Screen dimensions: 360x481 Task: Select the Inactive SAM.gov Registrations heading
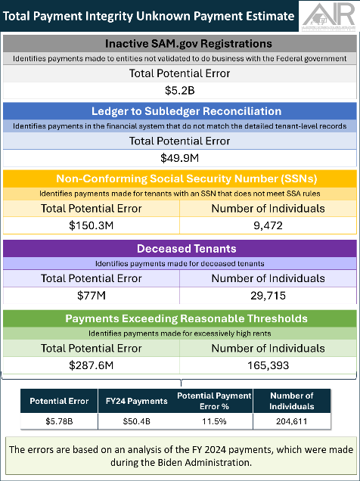click(179, 44)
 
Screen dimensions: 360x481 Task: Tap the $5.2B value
click(179, 90)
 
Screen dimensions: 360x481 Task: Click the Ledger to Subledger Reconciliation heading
click(179, 111)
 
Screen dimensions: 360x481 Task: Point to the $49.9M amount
click(179, 157)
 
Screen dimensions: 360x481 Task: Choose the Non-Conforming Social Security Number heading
click(179, 178)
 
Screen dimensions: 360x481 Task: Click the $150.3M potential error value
click(91, 225)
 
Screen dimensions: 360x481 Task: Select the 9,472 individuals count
click(268, 225)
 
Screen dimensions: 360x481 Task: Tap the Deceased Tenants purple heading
click(179, 249)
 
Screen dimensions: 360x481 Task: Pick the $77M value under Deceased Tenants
click(91, 295)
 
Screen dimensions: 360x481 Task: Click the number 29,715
click(268, 295)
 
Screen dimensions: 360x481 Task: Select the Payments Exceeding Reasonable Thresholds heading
click(179, 318)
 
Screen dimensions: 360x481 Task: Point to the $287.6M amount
click(91, 365)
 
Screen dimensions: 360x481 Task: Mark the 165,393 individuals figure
click(268, 365)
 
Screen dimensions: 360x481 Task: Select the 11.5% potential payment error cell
click(213, 420)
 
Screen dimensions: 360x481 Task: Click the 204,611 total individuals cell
click(291, 420)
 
